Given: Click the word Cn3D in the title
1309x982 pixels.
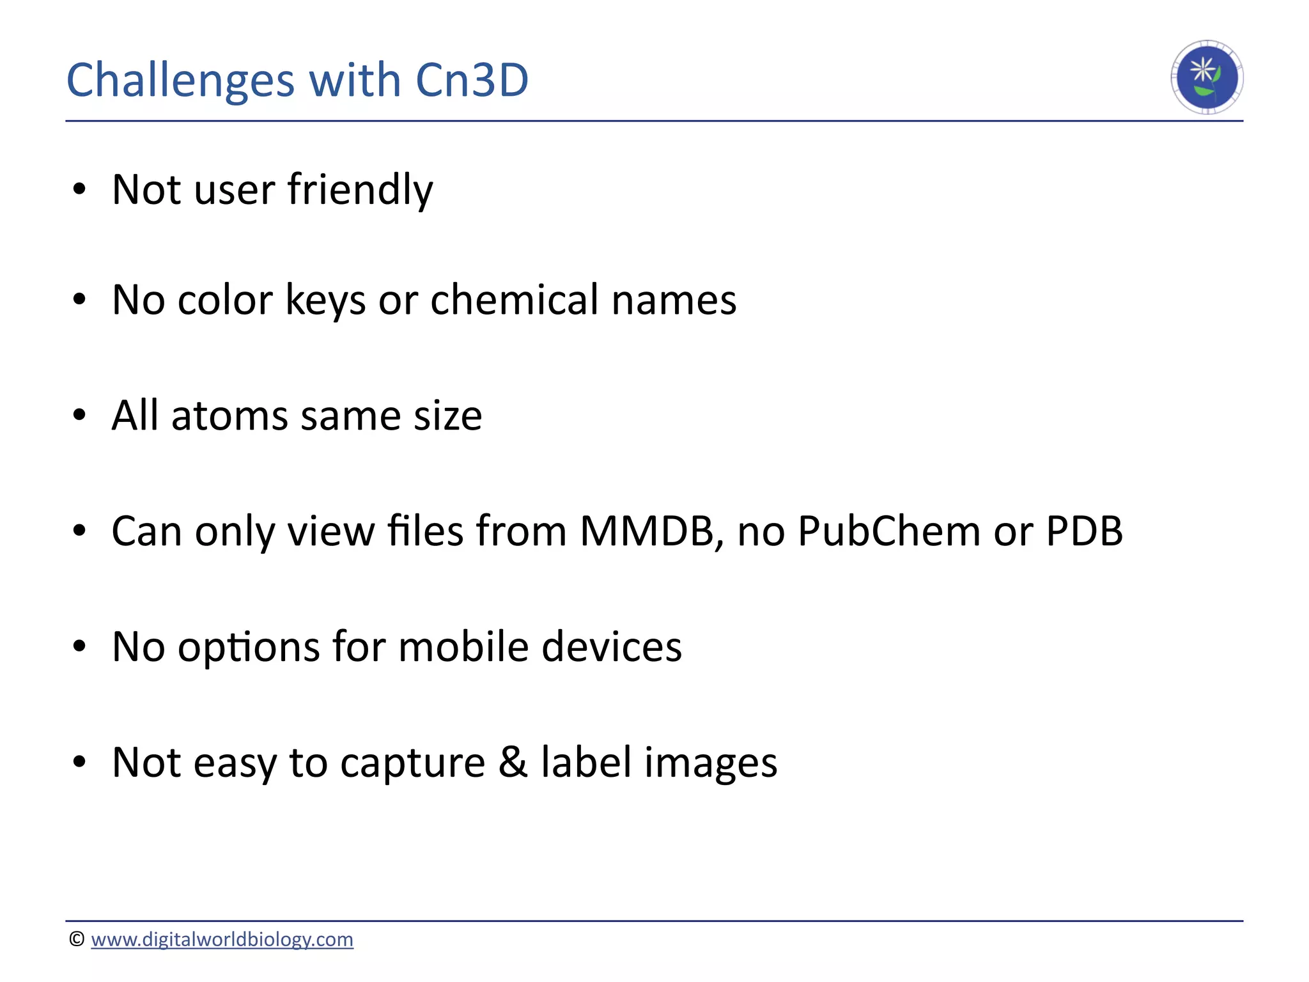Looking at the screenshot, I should (x=472, y=81).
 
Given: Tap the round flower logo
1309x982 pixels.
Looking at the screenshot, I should (x=1207, y=77).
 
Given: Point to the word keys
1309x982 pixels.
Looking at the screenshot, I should (x=325, y=300).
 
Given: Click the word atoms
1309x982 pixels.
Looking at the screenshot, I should (x=230, y=416).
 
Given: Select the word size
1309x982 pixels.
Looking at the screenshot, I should (x=447, y=416).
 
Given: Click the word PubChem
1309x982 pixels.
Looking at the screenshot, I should (x=889, y=531).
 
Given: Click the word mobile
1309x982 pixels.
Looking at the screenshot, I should (x=463, y=647).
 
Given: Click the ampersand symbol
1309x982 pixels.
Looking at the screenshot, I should (x=513, y=762).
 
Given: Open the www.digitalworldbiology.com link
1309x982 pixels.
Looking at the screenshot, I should (x=222, y=939).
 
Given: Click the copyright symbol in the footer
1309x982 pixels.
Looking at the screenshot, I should (x=77, y=939).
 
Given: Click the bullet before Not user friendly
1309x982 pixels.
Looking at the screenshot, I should (x=79, y=190).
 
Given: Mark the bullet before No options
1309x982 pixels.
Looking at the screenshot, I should (x=79, y=647).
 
